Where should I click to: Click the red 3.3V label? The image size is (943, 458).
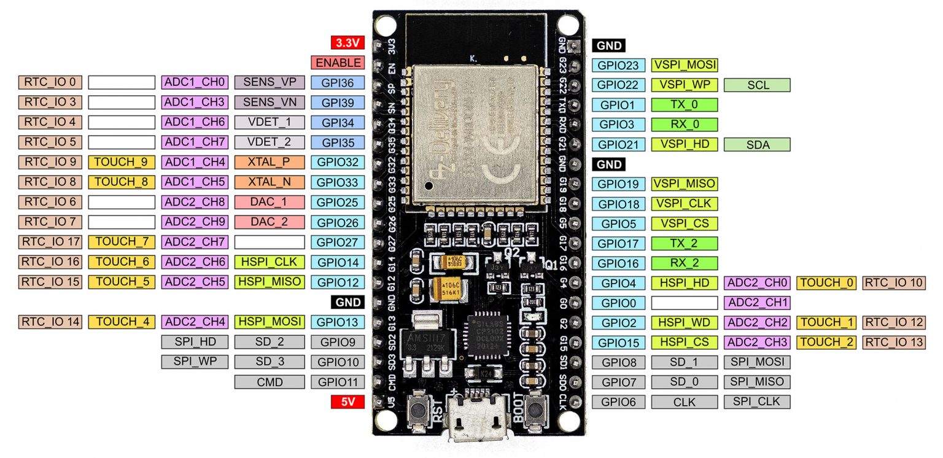click(347, 43)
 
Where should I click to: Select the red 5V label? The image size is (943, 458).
click(347, 402)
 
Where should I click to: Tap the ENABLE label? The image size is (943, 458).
click(338, 63)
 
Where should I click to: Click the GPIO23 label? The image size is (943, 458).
click(618, 65)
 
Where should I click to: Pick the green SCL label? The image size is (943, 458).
click(757, 85)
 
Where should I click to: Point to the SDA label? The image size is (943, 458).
click(757, 144)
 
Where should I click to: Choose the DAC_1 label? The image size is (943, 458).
click(269, 202)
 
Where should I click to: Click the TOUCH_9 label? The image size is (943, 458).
click(122, 162)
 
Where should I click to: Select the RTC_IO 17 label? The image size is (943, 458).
click(50, 242)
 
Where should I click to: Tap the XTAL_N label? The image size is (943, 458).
click(269, 182)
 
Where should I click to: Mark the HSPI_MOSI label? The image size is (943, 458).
click(269, 321)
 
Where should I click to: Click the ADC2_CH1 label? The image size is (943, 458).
click(757, 302)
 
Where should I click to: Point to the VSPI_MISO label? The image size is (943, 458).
click(684, 184)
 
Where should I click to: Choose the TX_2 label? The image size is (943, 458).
click(684, 244)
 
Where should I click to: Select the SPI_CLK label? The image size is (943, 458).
click(757, 402)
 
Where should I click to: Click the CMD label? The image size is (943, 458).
click(269, 382)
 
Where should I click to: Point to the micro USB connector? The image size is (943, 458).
click(478, 417)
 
